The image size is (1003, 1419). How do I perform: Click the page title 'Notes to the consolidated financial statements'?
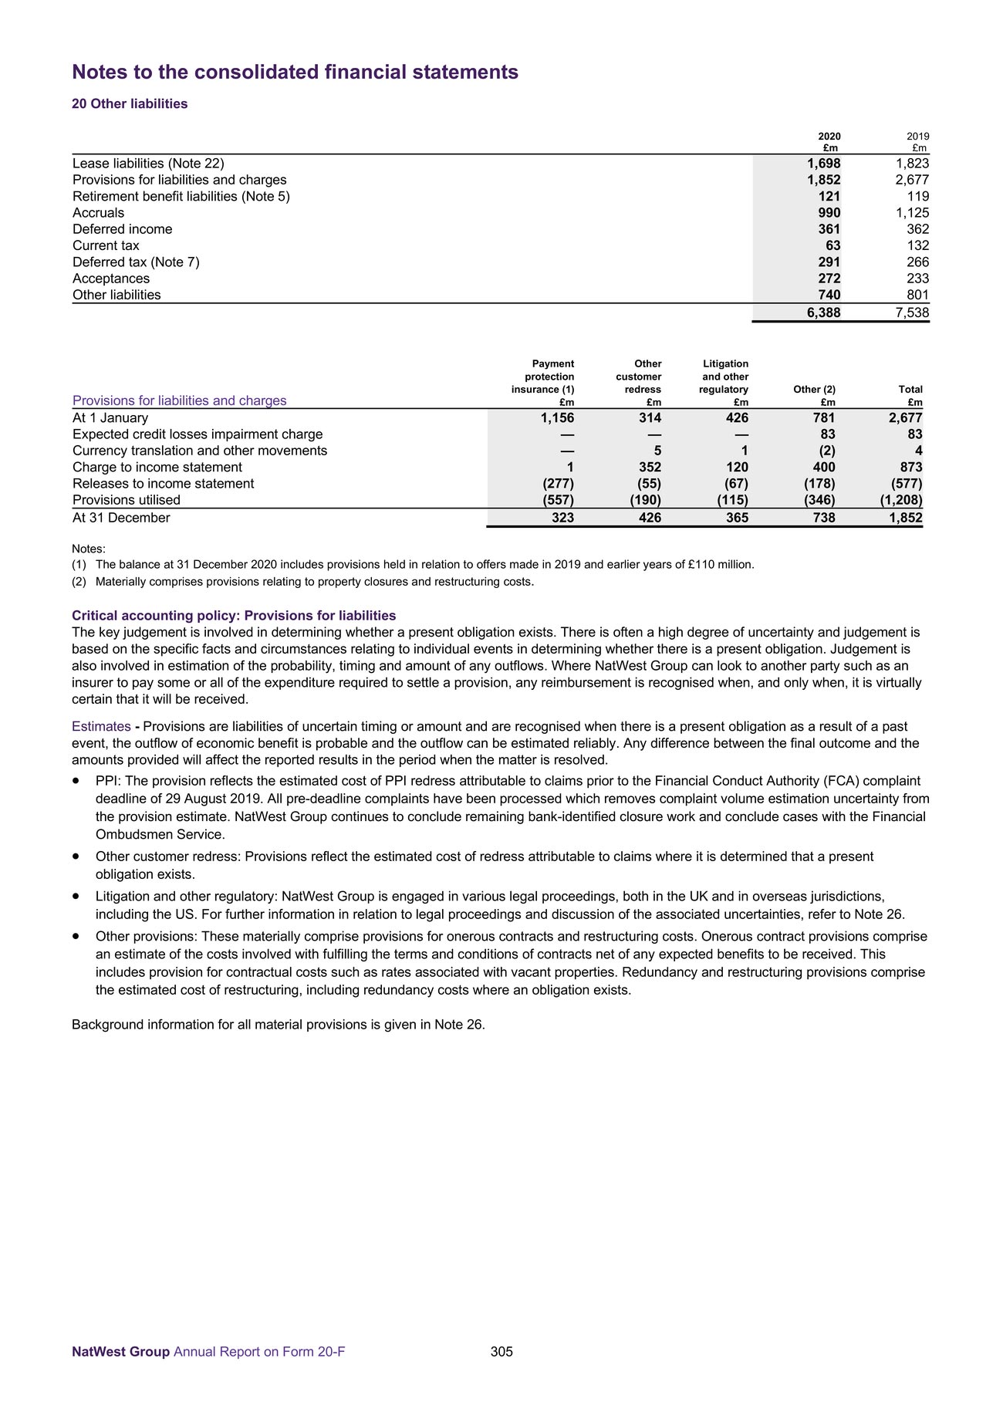[x=295, y=73]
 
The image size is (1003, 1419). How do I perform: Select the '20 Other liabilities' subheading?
[x=130, y=104]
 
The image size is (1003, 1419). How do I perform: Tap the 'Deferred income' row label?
[x=123, y=229]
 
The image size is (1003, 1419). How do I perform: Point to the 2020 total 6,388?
[x=819, y=313]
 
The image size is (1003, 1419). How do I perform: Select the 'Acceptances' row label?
[x=111, y=279]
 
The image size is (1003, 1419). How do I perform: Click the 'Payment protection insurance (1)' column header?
[x=543, y=377]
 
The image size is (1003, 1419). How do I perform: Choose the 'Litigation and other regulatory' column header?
[x=724, y=377]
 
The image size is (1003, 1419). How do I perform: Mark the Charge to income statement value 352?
[x=650, y=468]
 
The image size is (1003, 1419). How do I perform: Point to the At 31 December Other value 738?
[x=824, y=519]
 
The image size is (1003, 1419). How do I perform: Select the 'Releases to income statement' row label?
[x=163, y=484]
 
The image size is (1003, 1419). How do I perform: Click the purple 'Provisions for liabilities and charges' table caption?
[x=179, y=400]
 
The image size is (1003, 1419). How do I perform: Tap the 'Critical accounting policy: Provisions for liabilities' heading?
[x=234, y=616]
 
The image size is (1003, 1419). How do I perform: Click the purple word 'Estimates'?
[x=101, y=727]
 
